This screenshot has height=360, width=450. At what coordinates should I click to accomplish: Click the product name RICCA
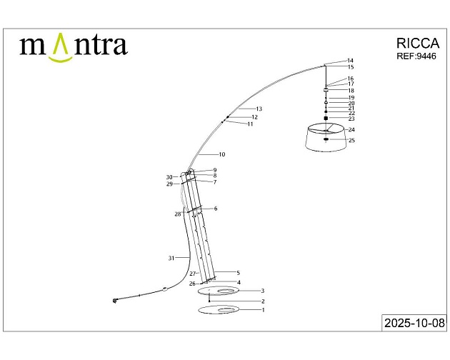pos(419,43)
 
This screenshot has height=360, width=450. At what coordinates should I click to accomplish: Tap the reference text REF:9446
pos(416,56)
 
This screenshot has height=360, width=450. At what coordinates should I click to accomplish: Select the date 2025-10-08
pos(414,323)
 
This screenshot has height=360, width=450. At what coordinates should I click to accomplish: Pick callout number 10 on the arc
pos(222,154)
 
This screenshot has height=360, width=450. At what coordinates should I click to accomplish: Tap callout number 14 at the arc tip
pos(350,61)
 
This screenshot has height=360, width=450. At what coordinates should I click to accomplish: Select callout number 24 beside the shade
pos(351,130)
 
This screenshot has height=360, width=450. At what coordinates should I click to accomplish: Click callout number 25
pos(351,140)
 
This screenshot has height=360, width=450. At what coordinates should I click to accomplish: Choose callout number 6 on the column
pos(215,209)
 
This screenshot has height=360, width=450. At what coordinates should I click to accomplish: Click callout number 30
pos(169,177)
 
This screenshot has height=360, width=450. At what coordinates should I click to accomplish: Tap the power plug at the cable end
pos(115,301)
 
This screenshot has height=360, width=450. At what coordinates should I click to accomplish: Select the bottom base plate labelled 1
pos(219,310)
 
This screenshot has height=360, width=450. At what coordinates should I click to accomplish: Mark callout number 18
pos(351,91)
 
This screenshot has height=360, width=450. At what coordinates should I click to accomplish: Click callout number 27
pos(192,274)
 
